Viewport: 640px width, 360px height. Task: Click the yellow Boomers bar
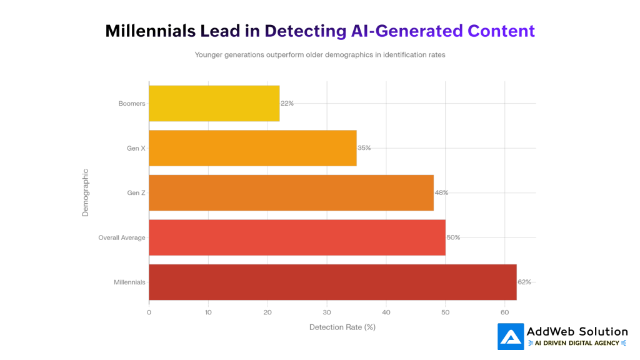(x=214, y=103)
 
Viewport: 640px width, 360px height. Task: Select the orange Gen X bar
(x=252, y=148)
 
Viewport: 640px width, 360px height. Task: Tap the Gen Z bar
(x=291, y=192)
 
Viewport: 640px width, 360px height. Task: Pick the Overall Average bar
(x=297, y=237)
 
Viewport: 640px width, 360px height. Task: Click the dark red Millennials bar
(x=332, y=282)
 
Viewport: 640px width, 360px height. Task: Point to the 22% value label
(x=287, y=103)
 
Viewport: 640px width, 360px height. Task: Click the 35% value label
(x=364, y=148)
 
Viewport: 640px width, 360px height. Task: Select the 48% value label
(x=441, y=192)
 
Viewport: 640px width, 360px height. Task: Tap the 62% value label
(x=524, y=282)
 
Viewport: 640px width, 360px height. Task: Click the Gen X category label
(x=136, y=148)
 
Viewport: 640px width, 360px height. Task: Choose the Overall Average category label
(x=121, y=237)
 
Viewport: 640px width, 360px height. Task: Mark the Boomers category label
(x=131, y=103)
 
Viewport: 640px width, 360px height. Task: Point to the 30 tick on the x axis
(x=327, y=312)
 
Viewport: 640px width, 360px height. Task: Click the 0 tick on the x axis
(x=149, y=312)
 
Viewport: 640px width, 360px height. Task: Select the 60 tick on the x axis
(x=504, y=312)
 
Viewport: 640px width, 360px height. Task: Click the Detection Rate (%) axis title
(x=342, y=327)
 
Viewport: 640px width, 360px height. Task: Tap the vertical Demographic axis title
(x=86, y=192)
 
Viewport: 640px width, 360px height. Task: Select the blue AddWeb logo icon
(x=510, y=336)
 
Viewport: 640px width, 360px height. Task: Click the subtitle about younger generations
(x=319, y=55)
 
